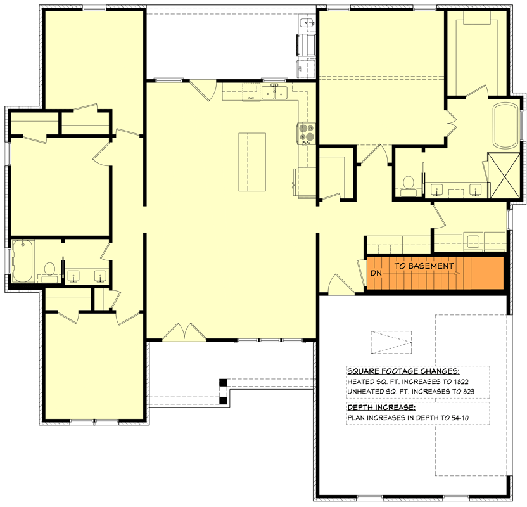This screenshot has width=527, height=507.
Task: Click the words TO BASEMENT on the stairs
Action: pyautogui.click(x=424, y=266)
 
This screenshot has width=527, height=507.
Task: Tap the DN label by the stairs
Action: pyautogui.click(x=376, y=273)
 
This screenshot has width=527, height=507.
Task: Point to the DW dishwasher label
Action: pyautogui.click(x=251, y=98)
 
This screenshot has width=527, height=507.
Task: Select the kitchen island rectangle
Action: pyautogui.click(x=252, y=162)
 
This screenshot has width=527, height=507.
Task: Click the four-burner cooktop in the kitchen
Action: pyautogui.click(x=306, y=134)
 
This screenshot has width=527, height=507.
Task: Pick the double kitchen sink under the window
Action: pyautogui.click(x=275, y=93)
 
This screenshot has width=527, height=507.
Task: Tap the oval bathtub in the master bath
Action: pyautogui.click(x=505, y=125)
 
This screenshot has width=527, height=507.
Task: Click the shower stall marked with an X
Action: pyautogui.click(x=504, y=175)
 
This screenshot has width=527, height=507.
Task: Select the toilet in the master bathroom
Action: pyautogui.click(x=409, y=186)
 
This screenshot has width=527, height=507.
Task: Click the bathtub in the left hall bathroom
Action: pyautogui.click(x=23, y=261)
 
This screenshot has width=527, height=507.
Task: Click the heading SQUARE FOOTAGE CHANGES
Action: pyautogui.click(x=403, y=371)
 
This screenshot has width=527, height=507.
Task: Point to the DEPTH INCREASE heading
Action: pyautogui.click(x=381, y=408)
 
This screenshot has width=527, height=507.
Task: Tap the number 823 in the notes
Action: pyautogui.click(x=467, y=392)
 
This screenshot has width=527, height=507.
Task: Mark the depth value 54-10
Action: pyautogui.click(x=460, y=418)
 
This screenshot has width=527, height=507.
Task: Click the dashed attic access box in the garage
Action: pyautogui.click(x=391, y=342)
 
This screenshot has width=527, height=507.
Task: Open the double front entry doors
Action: pyautogui.click(x=184, y=332)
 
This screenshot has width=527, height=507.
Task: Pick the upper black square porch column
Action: pyautogui.click(x=223, y=382)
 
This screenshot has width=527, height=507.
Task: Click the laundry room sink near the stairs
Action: pyautogui.click(x=473, y=241)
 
